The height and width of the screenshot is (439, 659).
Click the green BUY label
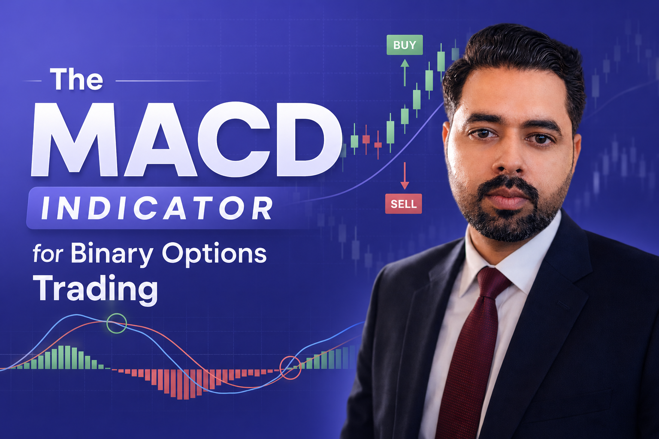tap(405, 45)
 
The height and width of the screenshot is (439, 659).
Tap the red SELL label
tap(404, 204)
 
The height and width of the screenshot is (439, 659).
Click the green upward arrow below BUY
tap(405, 72)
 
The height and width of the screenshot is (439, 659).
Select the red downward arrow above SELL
tap(405, 176)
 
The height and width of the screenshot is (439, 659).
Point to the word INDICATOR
tap(157, 208)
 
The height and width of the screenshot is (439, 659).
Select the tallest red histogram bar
tap(179, 384)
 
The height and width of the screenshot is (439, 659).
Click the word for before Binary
tap(48, 254)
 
